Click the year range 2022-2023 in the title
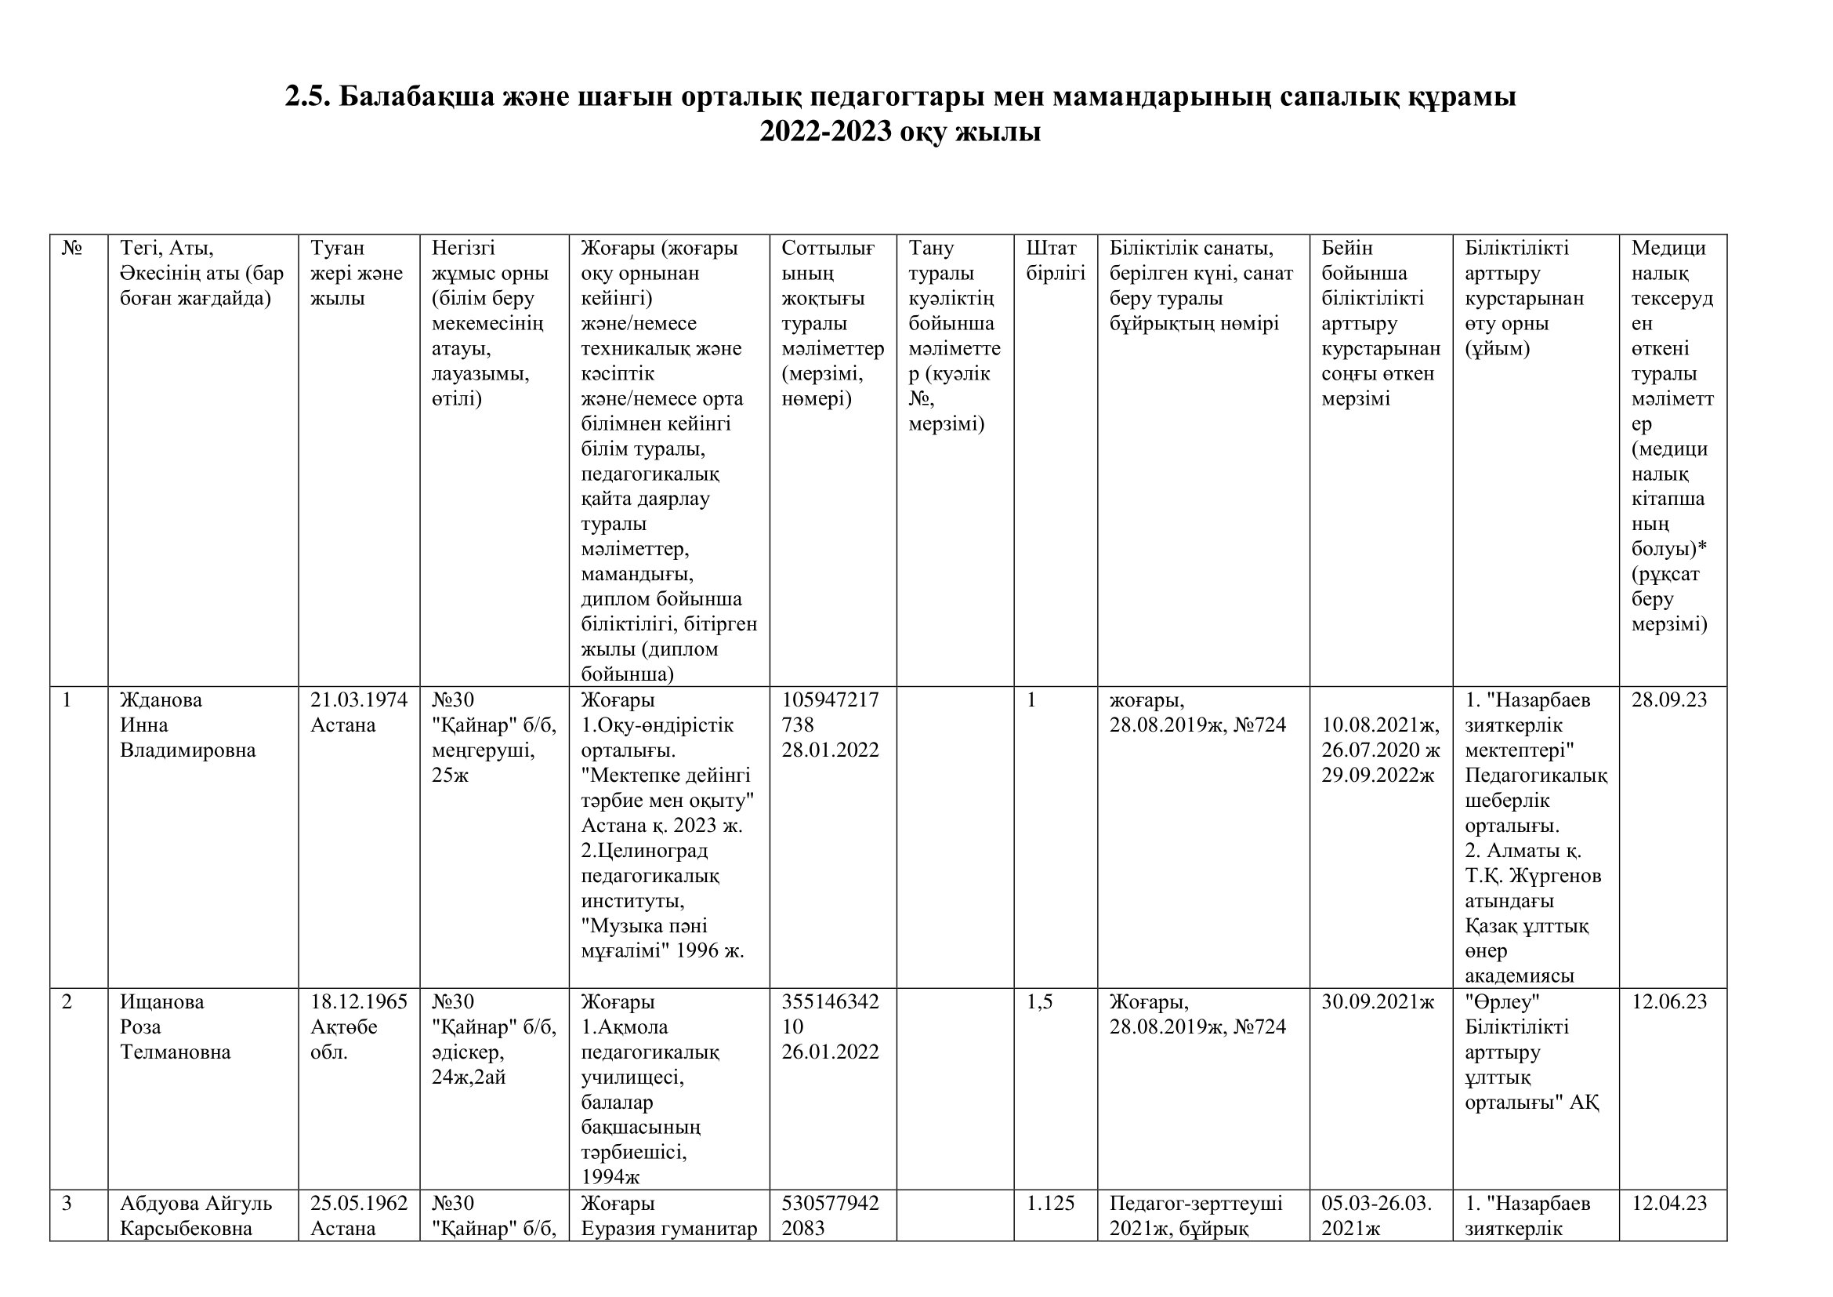point(825,132)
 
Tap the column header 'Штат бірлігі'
point(1056,260)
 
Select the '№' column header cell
point(72,249)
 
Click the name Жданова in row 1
point(161,700)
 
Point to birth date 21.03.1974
point(358,700)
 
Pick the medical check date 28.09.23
point(1668,700)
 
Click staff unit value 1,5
point(1039,1002)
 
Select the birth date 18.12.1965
point(358,1002)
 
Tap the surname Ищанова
point(162,1002)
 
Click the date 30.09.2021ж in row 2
point(1377,1002)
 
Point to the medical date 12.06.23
point(1668,1002)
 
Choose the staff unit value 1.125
point(1051,1204)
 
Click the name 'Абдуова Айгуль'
point(197,1204)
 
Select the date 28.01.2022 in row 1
point(830,750)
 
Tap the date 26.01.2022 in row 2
point(830,1052)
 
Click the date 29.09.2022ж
point(1377,776)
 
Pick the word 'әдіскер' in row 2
point(467,1052)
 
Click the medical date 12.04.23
point(1668,1204)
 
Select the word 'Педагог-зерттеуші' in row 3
point(1196,1204)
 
